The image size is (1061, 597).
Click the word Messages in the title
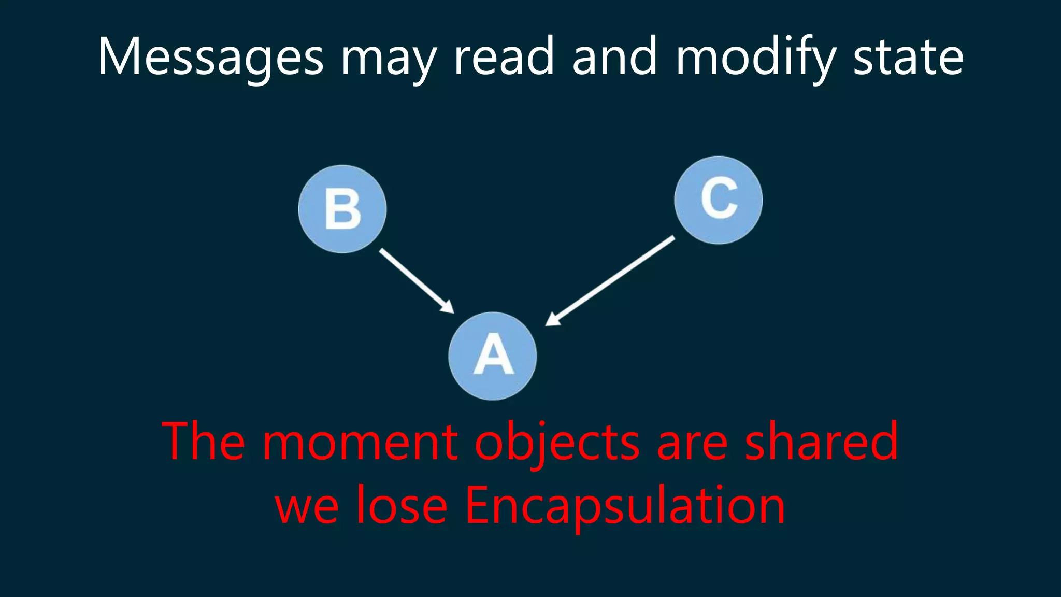click(x=210, y=57)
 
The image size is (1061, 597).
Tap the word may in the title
click(x=389, y=60)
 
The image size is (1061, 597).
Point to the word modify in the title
click(x=756, y=57)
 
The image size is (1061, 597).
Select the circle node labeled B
click(x=342, y=209)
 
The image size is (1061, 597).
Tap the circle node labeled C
click(x=719, y=200)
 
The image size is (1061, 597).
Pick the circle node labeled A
click(x=493, y=356)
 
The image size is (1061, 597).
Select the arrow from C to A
click(x=611, y=280)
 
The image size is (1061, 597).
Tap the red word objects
click(x=557, y=443)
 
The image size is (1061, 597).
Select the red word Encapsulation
click(x=625, y=506)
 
